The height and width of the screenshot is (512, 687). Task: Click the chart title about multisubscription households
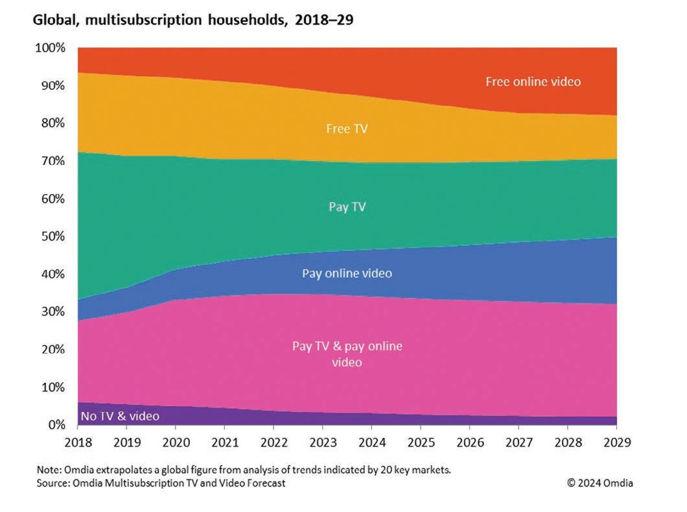click(x=193, y=20)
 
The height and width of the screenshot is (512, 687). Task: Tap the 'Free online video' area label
click(x=533, y=82)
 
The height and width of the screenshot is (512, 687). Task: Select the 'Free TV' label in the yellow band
click(x=347, y=128)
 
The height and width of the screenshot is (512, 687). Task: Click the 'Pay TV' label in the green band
click(x=347, y=207)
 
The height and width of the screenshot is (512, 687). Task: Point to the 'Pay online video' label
click(x=347, y=273)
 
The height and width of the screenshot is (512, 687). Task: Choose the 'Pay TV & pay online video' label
click(x=347, y=354)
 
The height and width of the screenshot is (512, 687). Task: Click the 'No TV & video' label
click(x=120, y=416)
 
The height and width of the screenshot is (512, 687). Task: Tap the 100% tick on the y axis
click(x=50, y=48)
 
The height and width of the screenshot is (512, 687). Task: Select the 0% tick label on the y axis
click(x=56, y=425)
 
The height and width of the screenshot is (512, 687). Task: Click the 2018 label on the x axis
click(x=77, y=443)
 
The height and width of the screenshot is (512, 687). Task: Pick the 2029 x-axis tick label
click(x=616, y=443)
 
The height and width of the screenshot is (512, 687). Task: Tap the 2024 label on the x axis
click(x=371, y=443)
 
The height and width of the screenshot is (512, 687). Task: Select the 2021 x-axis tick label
click(x=224, y=443)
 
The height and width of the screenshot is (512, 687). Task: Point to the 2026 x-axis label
click(x=469, y=443)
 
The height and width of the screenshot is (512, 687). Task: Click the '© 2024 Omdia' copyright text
click(x=600, y=483)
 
